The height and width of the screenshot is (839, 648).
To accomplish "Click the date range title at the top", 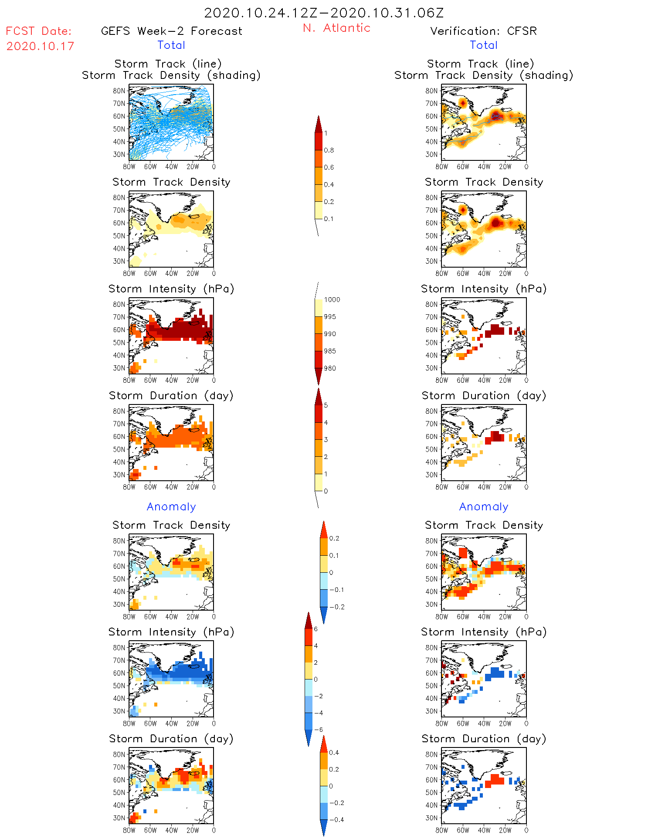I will [x=324, y=13].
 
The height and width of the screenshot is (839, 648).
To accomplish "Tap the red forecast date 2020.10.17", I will [x=40, y=46].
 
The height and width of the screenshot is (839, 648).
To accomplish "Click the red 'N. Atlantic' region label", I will [x=336, y=28].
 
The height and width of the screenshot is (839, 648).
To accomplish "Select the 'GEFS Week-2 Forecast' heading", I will [x=171, y=31].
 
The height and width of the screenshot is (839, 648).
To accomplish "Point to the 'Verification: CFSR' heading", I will [x=483, y=31].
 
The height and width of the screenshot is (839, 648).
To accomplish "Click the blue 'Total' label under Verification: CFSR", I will [x=483, y=45].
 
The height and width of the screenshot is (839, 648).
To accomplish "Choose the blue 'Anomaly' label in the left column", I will [x=171, y=506].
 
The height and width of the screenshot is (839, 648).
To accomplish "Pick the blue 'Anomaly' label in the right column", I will [x=484, y=506].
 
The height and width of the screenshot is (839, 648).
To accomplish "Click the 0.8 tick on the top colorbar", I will [x=329, y=150].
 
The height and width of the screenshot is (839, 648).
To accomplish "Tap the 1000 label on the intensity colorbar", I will [x=332, y=300].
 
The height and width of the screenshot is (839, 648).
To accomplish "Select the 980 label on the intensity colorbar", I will [x=330, y=368].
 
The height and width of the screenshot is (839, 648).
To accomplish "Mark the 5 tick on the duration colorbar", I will [x=326, y=405].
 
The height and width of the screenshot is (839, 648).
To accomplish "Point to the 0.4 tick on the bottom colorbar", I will [x=334, y=753].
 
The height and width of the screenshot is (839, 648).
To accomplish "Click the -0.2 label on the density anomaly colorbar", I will [x=336, y=607].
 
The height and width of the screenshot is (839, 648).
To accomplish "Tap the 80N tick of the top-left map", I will [x=119, y=91].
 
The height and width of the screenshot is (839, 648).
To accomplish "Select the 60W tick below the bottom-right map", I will [x=463, y=830].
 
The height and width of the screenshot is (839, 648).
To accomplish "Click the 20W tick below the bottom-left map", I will [x=193, y=830].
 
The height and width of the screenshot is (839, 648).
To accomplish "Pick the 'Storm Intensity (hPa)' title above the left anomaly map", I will [x=171, y=632].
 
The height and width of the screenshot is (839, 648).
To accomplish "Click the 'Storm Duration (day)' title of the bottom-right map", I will [x=484, y=739].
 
